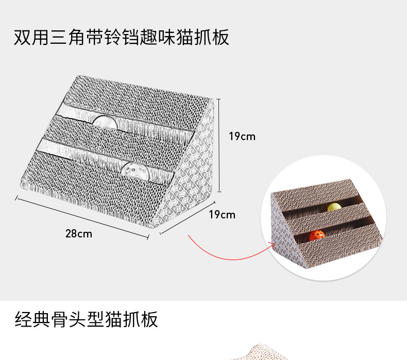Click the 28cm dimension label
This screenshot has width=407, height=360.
click(79, 233)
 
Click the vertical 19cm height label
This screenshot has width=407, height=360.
click(242, 136)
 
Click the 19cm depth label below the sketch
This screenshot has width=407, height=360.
click(222, 214)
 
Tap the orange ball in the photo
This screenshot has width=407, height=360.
click(317, 237)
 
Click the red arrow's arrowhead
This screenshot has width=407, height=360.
click(272, 245)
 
